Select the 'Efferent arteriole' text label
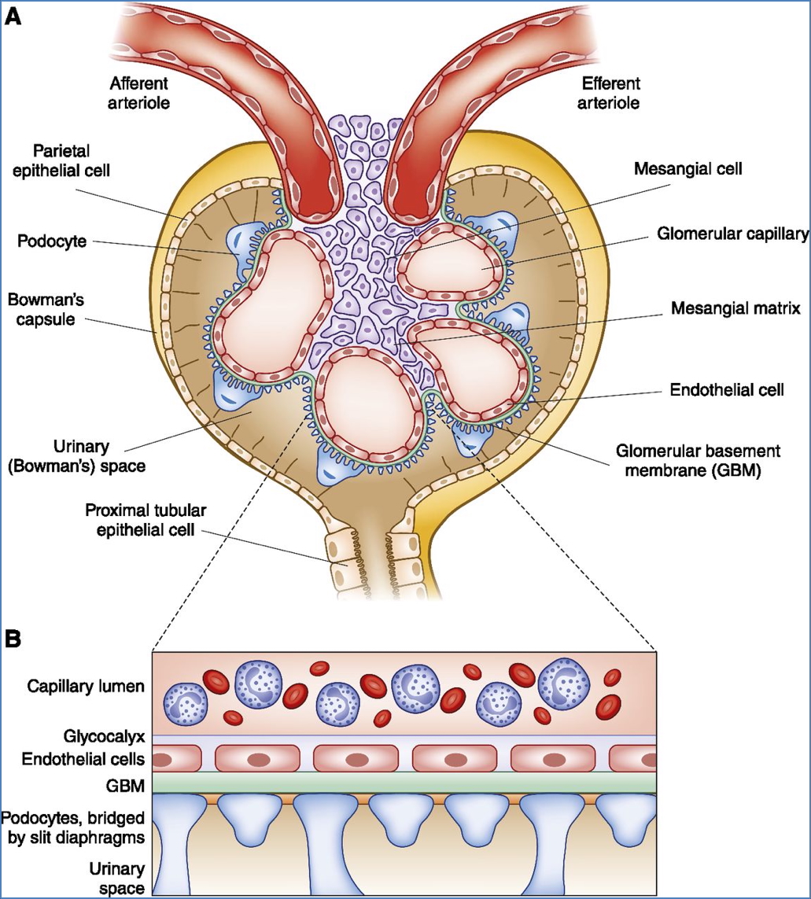coord(610,93)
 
